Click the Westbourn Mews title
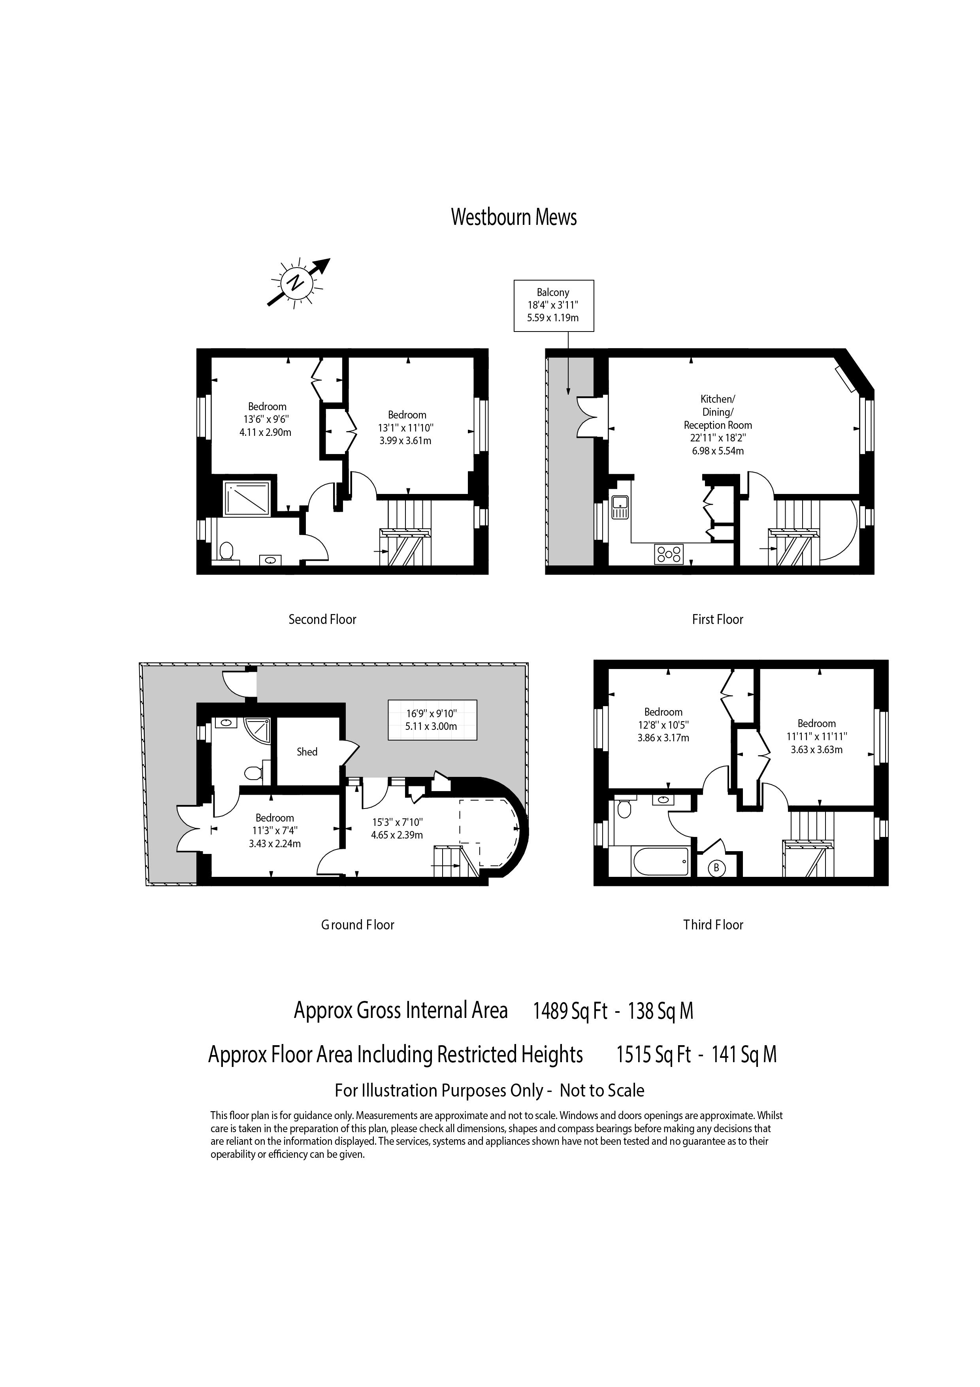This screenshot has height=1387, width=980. click(x=514, y=217)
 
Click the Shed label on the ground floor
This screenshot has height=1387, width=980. click(x=307, y=752)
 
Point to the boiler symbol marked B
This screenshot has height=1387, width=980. click(x=716, y=868)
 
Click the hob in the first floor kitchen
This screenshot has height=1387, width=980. click(x=669, y=554)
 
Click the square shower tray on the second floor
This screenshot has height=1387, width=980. click(x=247, y=498)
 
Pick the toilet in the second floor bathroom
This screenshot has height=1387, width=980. click(x=226, y=551)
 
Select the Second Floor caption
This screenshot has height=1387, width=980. click(x=322, y=619)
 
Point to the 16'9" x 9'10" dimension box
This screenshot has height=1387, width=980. click(x=432, y=720)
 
